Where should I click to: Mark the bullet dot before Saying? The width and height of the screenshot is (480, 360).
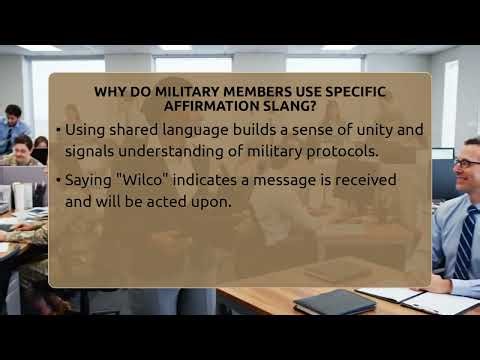[58, 180]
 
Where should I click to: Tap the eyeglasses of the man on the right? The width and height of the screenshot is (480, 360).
[466, 163]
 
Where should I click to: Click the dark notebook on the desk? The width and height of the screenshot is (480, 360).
[333, 301]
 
